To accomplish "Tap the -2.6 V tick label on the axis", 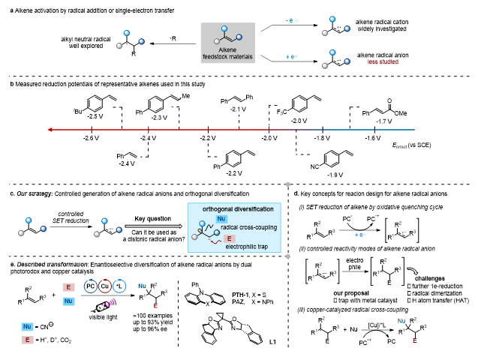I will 91,139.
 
